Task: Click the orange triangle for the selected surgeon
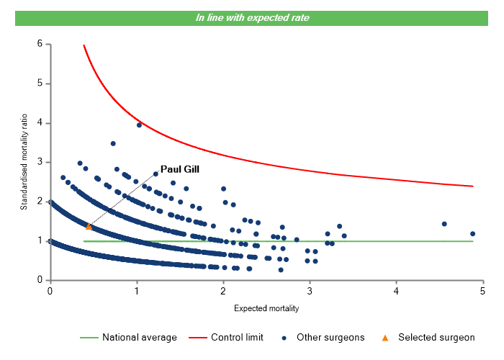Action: tap(89, 227)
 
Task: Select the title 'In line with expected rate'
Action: tap(253, 17)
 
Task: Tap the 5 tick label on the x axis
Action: tap(482, 291)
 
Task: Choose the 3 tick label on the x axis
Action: tap(310, 291)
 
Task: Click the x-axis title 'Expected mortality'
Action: tap(266, 308)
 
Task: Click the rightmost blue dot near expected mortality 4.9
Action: tap(472, 233)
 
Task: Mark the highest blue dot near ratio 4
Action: tap(139, 125)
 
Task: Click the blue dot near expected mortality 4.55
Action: tap(444, 224)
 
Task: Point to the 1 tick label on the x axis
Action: tap(136, 291)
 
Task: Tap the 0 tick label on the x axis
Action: tap(50, 291)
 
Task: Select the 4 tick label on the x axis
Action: tap(396, 291)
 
